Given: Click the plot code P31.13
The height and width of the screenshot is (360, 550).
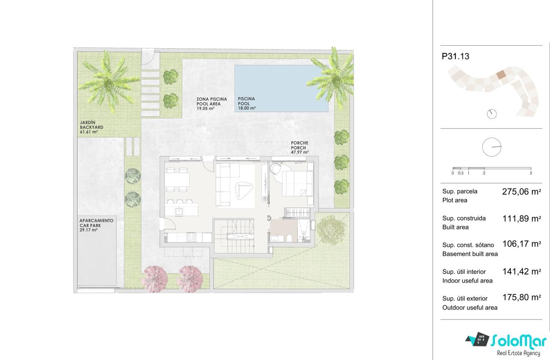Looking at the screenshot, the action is [x=455, y=56].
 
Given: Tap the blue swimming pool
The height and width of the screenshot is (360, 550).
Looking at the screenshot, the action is [x=281, y=88].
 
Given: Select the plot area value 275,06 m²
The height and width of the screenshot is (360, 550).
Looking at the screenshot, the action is [x=521, y=192].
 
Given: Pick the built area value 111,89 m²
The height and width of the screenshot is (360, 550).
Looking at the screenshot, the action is [x=522, y=218].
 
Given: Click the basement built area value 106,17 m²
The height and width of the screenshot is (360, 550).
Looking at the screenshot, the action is [x=522, y=244].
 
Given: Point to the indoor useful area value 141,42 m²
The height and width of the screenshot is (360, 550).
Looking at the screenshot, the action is [x=522, y=271].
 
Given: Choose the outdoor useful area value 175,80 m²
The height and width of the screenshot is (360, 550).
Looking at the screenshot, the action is [x=522, y=297].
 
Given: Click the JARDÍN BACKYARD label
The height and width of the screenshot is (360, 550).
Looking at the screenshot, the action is [x=91, y=127].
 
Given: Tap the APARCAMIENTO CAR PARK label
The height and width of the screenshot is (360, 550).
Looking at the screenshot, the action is [x=96, y=225].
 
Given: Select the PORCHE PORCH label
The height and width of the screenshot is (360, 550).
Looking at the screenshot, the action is [x=300, y=147].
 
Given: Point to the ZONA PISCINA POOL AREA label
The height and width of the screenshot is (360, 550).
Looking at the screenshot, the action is [x=212, y=104].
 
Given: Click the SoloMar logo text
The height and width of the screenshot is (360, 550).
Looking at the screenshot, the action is [x=518, y=342].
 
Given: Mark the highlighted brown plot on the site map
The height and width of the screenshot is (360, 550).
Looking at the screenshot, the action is [x=501, y=74].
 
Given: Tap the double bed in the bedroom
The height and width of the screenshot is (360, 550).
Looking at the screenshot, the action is [x=297, y=184].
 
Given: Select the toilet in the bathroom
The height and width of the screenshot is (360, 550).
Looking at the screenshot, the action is [x=289, y=238].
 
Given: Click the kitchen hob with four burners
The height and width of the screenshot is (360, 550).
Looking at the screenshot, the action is [x=191, y=237].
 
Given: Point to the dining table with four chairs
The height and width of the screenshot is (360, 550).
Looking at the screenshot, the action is [x=177, y=180].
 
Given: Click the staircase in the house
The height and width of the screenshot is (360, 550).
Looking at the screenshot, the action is [x=234, y=236].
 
